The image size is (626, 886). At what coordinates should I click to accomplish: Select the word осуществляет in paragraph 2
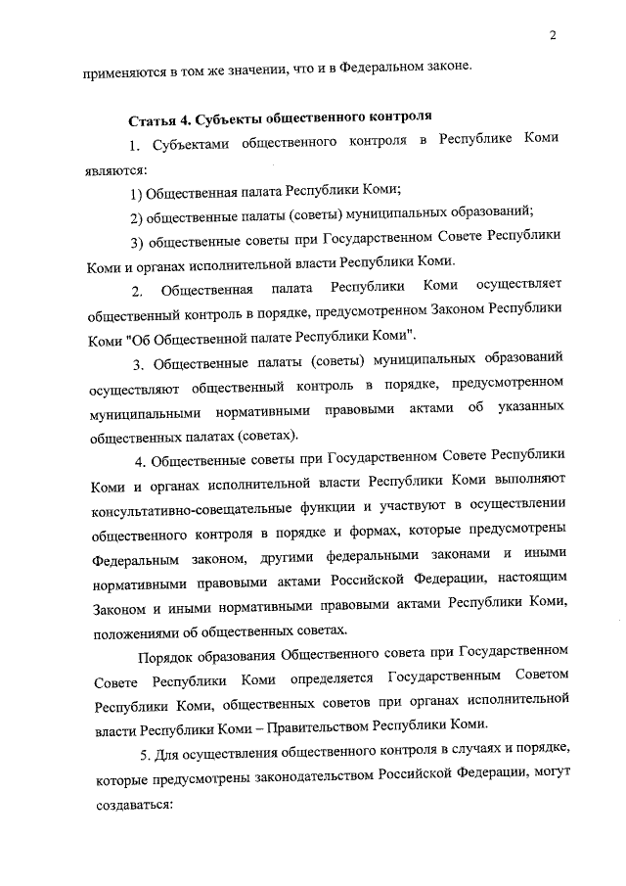518,288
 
